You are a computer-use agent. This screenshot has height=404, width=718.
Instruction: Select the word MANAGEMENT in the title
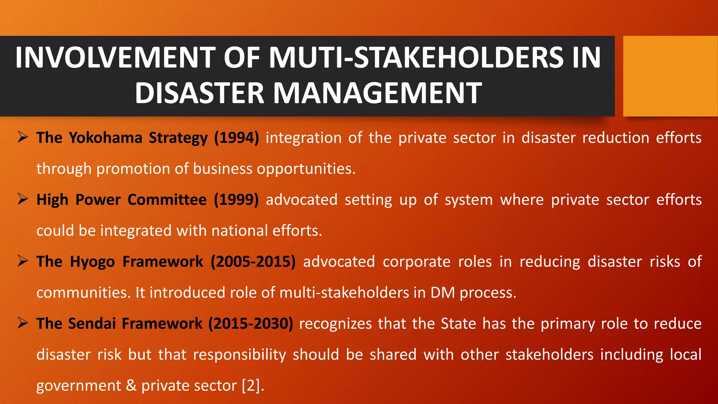(377, 93)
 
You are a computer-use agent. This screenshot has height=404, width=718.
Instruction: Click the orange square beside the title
(670, 76)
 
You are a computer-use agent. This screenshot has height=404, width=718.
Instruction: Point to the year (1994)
(237, 138)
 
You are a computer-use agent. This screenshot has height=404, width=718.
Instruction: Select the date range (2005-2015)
(253, 262)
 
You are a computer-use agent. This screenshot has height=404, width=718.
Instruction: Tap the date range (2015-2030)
(251, 324)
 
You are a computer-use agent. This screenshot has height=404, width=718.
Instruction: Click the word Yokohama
(105, 138)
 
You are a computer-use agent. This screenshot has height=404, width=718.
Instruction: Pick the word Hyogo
(92, 262)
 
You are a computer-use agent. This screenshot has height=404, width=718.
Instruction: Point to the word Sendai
(92, 324)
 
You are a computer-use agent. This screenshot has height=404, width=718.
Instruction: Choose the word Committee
(167, 200)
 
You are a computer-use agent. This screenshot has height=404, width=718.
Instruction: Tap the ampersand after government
(131, 386)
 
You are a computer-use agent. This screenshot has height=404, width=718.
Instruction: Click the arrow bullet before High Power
(23, 199)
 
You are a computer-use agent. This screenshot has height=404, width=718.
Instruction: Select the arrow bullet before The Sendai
(23, 323)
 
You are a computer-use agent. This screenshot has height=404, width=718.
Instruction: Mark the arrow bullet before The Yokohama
(23, 137)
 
